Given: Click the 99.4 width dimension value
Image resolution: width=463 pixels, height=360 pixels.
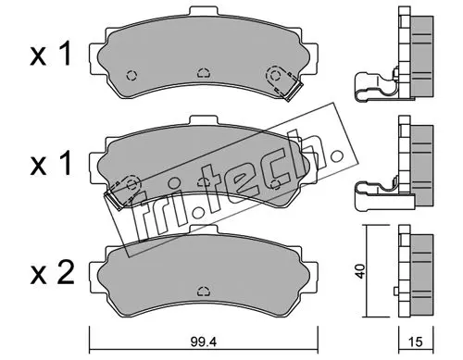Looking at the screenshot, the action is click(x=204, y=341).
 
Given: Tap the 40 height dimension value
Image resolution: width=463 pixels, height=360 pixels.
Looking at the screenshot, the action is click(x=360, y=271).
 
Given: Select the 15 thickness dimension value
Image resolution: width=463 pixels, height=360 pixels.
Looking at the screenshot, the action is click(x=416, y=341).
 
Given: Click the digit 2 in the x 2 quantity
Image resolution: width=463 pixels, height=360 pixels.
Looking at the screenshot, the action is click(x=66, y=272).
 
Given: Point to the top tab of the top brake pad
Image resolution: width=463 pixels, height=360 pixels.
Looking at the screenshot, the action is click(x=204, y=11).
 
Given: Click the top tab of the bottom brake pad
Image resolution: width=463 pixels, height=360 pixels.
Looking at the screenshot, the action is click(x=204, y=230).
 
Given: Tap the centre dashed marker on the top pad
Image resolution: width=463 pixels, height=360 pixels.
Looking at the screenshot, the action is click(x=204, y=73).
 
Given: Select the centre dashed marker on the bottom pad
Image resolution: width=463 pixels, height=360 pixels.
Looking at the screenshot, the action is click(x=204, y=291).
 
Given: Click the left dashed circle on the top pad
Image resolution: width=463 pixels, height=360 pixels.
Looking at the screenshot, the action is click(x=131, y=75).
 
